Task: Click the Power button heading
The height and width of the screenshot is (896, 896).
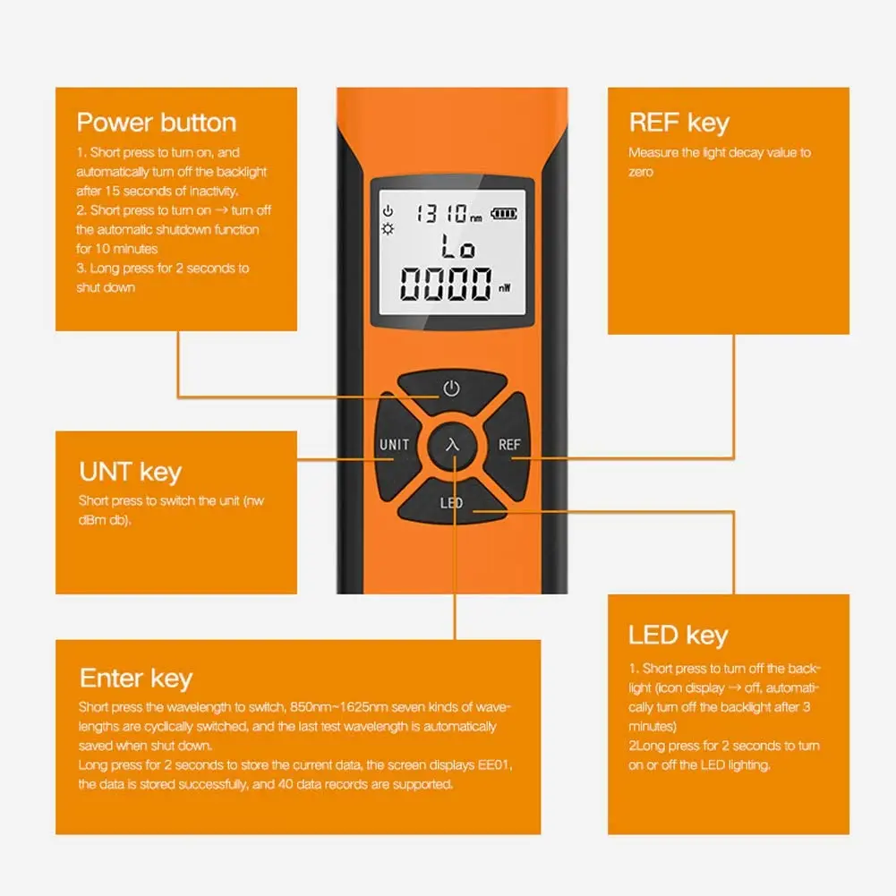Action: click(157, 123)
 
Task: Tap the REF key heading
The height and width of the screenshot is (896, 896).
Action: click(678, 123)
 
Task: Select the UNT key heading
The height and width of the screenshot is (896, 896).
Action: click(130, 472)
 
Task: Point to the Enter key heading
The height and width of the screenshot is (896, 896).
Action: click(136, 678)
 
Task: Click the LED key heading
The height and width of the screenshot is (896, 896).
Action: click(678, 636)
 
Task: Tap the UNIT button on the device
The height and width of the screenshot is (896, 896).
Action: click(394, 445)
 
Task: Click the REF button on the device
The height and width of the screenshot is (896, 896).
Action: click(509, 445)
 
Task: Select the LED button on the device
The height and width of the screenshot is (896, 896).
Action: click(451, 503)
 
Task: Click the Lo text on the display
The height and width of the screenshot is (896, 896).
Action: click(457, 247)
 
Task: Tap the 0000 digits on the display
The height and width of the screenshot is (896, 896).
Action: click(444, 286)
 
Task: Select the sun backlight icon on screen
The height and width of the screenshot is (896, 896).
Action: click(388, 228)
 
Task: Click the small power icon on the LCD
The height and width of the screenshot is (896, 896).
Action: click(388, 211)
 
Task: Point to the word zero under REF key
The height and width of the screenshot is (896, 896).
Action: click(641, 172)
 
